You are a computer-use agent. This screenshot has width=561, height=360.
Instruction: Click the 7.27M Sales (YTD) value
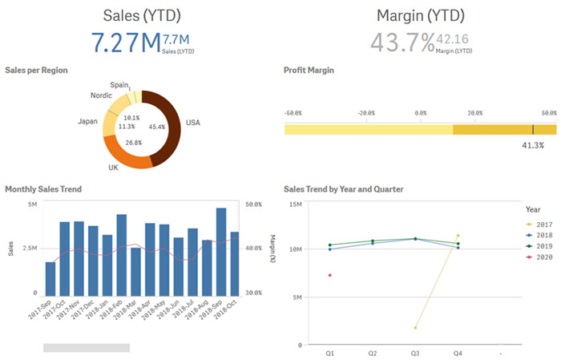pyautogui.click(x=125, y=42)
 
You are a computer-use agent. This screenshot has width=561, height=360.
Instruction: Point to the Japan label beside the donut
pyautogui.click(x=87, y=121)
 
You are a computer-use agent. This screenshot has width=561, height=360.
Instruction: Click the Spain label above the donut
pyautogui.click(x=119, y=84)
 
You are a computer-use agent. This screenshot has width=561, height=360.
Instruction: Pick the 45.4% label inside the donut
pyautogui.click(x=157, y=127)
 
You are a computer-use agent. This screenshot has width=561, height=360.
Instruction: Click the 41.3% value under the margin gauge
pyautogui.click(x=533, y=145)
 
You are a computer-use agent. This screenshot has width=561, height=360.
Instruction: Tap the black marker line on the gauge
pyautogui.click(x=533, y=129)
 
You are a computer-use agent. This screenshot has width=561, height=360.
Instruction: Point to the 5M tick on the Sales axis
pyautogui.click(x=32, y=205)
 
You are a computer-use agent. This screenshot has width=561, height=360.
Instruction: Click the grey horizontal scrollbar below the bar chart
pyautogui.click(x=87, y=347)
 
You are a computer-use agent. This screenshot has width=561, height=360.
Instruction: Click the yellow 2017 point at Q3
pyautogui.click(x=415, y=327)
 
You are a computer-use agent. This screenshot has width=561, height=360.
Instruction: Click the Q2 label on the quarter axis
pyautogui.click(x=373, y=352)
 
